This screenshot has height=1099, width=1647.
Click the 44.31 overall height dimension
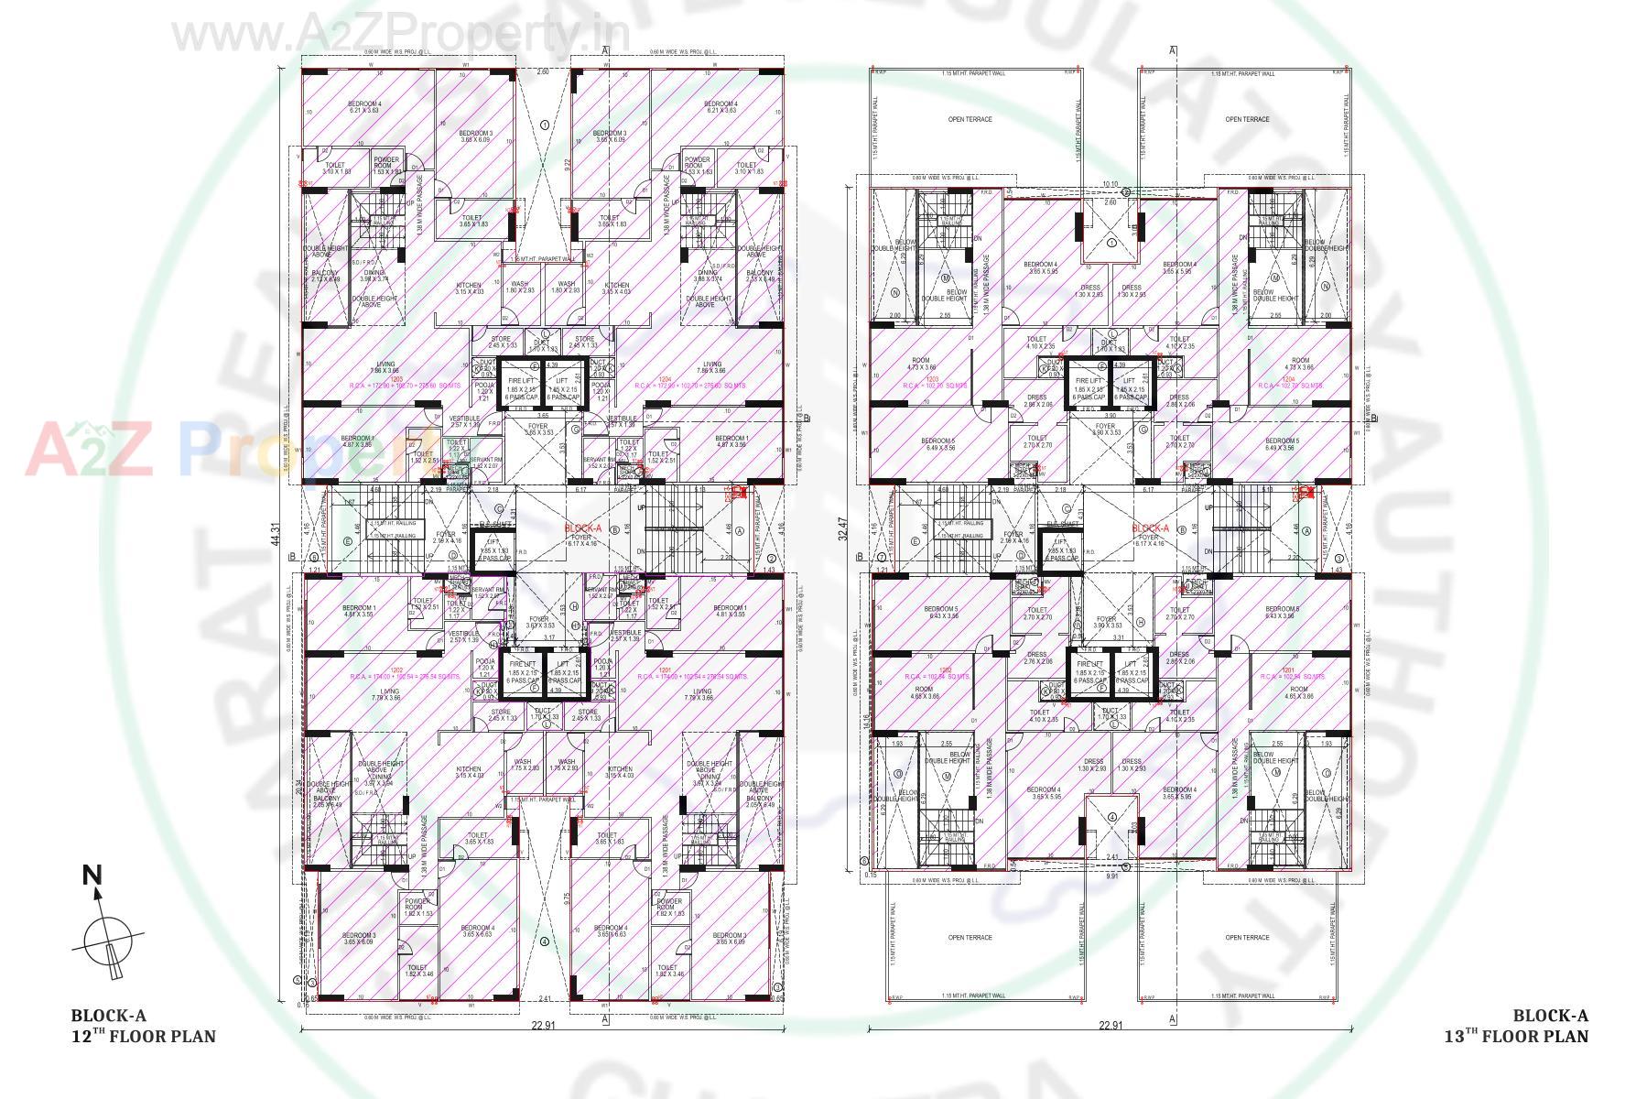pos(275,535)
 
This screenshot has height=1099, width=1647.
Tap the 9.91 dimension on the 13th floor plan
pos(1111,876)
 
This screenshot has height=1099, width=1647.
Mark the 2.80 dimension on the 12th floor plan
pos(542,71)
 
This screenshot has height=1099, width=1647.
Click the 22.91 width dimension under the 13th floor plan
pos(1110,1026)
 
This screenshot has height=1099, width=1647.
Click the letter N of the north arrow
pos(92,876)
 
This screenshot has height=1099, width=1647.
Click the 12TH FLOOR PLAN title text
pos(144,1036)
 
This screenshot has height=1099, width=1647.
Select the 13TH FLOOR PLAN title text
pos(1516,1036)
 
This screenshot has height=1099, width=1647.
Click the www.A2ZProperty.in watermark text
pos(401,35)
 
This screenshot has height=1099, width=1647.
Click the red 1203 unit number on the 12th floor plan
pos(396,377)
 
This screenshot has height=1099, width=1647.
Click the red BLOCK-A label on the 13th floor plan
pos(1150,528)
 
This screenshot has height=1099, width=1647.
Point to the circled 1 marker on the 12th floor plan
pos(544,125)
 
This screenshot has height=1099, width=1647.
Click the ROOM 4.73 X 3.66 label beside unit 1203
pos(921,364)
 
